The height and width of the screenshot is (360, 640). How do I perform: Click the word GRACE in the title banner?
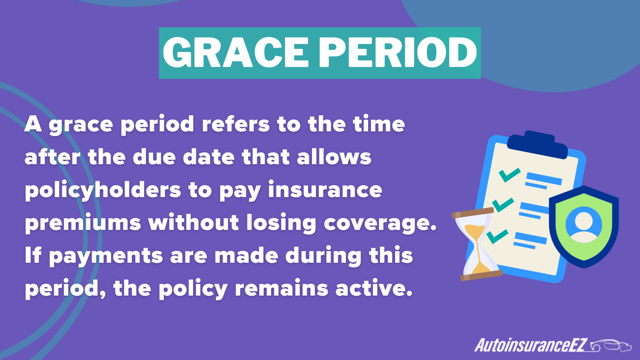click(x=236, y=53)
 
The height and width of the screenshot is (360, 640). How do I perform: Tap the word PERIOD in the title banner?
click(x=398, y=53)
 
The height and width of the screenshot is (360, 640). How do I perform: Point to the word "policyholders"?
click(x=103, y=190)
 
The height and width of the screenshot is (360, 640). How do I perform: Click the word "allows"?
click(x=334, y=157)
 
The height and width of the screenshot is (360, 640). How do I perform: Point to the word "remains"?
click(x=282, y=289)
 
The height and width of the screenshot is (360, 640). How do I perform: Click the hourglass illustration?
click(x=477, y=244)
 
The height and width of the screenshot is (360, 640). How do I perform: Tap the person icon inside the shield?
click(x=584, y=225)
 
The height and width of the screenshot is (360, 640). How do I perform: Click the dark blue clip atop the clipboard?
click(x=537, y=145)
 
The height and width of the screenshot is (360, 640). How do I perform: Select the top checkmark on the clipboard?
click(x=509, y=174)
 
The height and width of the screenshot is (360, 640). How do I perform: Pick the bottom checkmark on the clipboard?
click(x=497, y=236)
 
